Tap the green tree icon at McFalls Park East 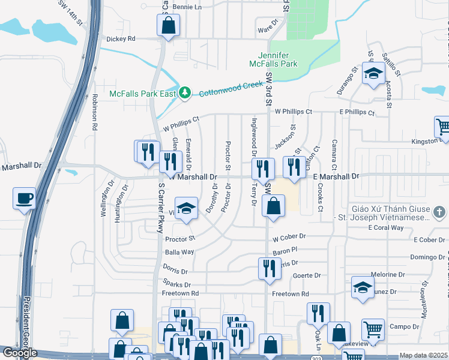pos(185,92)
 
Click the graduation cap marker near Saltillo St pos(374,74)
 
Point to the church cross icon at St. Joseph pos(440,212)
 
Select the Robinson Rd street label pos(94,112)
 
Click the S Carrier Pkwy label pos(160,210)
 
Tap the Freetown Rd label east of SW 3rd pos(290,294)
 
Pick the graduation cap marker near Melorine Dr pos(363,287)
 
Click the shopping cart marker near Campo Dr pos(373,329)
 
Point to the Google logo pos(20,353)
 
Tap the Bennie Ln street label pos(188,7)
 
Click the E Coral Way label pos(387,227)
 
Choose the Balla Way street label pos(179,252)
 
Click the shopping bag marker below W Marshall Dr pos(273,206)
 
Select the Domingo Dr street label pos(427,257)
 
